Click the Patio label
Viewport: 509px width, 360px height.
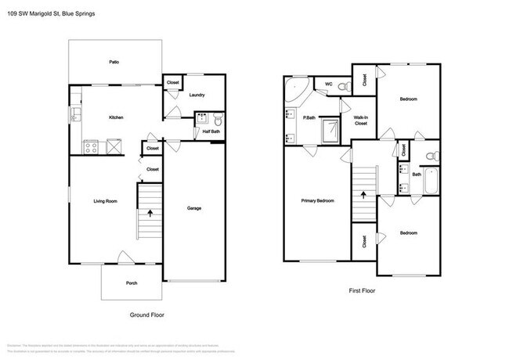coord(114,61)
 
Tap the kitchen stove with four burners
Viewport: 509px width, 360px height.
coord(91,146)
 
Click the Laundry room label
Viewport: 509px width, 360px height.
coord(197,95)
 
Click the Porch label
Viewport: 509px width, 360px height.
coord(132,283)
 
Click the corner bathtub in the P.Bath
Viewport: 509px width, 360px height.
coord(297,89)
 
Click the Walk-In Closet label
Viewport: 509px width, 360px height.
coord(361,121)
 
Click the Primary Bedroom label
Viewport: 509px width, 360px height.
coord(318,201)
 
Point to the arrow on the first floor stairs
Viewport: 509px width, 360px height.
coord(363,191)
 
